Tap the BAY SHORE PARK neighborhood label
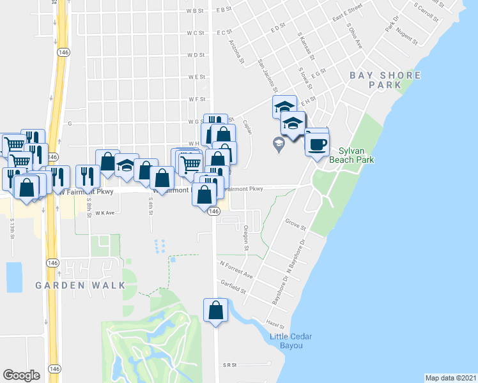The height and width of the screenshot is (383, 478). pyautogui.click(x=385, y=80)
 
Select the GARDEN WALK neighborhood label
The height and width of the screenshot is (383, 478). pyautogui.click(x=80, y=285)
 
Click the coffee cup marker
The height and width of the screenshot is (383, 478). pyautogui.click(x=317, y=143)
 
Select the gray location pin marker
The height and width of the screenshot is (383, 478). pyautogui.click(x=279, y=145)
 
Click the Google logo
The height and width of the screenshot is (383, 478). pyautogui.click(x=21, y=375)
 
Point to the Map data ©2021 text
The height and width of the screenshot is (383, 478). pyautogui.click(x=451, y=377)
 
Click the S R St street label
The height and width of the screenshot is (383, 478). pyautogui.click(x=230, y=365)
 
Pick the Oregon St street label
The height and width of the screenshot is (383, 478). pyautogui.click(x=246, y=240)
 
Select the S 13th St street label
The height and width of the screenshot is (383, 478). pyautogui.click(x=12, y=229)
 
